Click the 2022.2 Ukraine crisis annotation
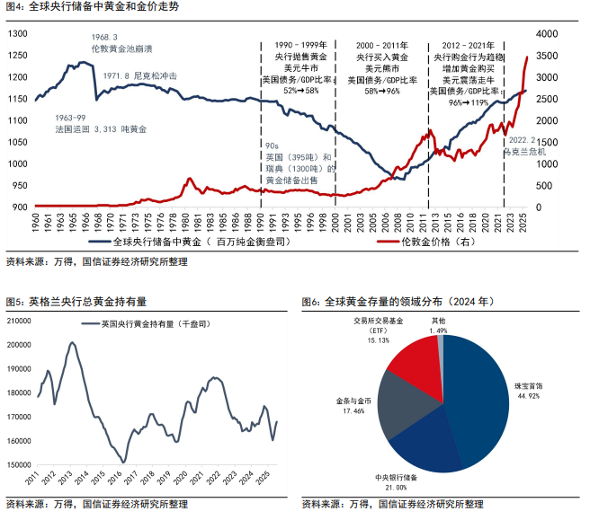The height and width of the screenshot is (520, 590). (525, 145)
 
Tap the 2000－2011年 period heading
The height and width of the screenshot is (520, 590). (388, 44)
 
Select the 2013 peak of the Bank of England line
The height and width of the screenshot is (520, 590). (72, 343)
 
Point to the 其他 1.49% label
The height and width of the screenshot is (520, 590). (437, 325)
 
